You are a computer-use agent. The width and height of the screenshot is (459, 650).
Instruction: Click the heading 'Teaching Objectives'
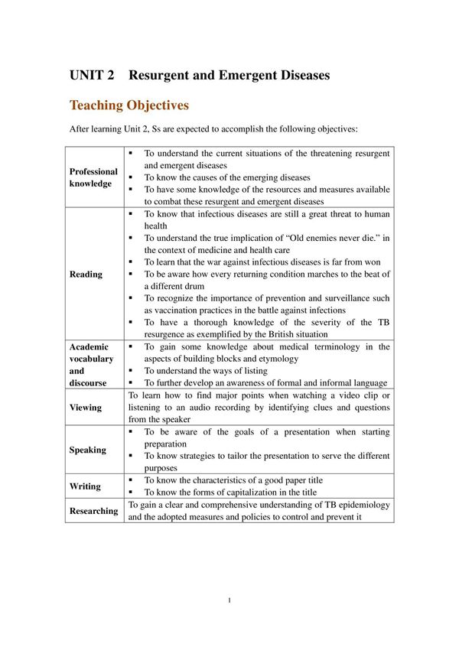click(129, 105)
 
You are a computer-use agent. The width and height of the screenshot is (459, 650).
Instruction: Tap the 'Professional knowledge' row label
click(93, 177)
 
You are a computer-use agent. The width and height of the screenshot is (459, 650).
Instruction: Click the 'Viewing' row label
click(85, 408)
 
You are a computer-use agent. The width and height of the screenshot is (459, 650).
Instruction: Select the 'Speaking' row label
click(87, 450)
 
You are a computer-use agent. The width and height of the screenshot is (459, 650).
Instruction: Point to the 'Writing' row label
click(84, 486)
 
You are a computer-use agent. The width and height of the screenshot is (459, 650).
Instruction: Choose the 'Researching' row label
click(93, 511)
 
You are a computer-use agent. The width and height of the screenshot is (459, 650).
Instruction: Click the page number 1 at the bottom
click(229, 600)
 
